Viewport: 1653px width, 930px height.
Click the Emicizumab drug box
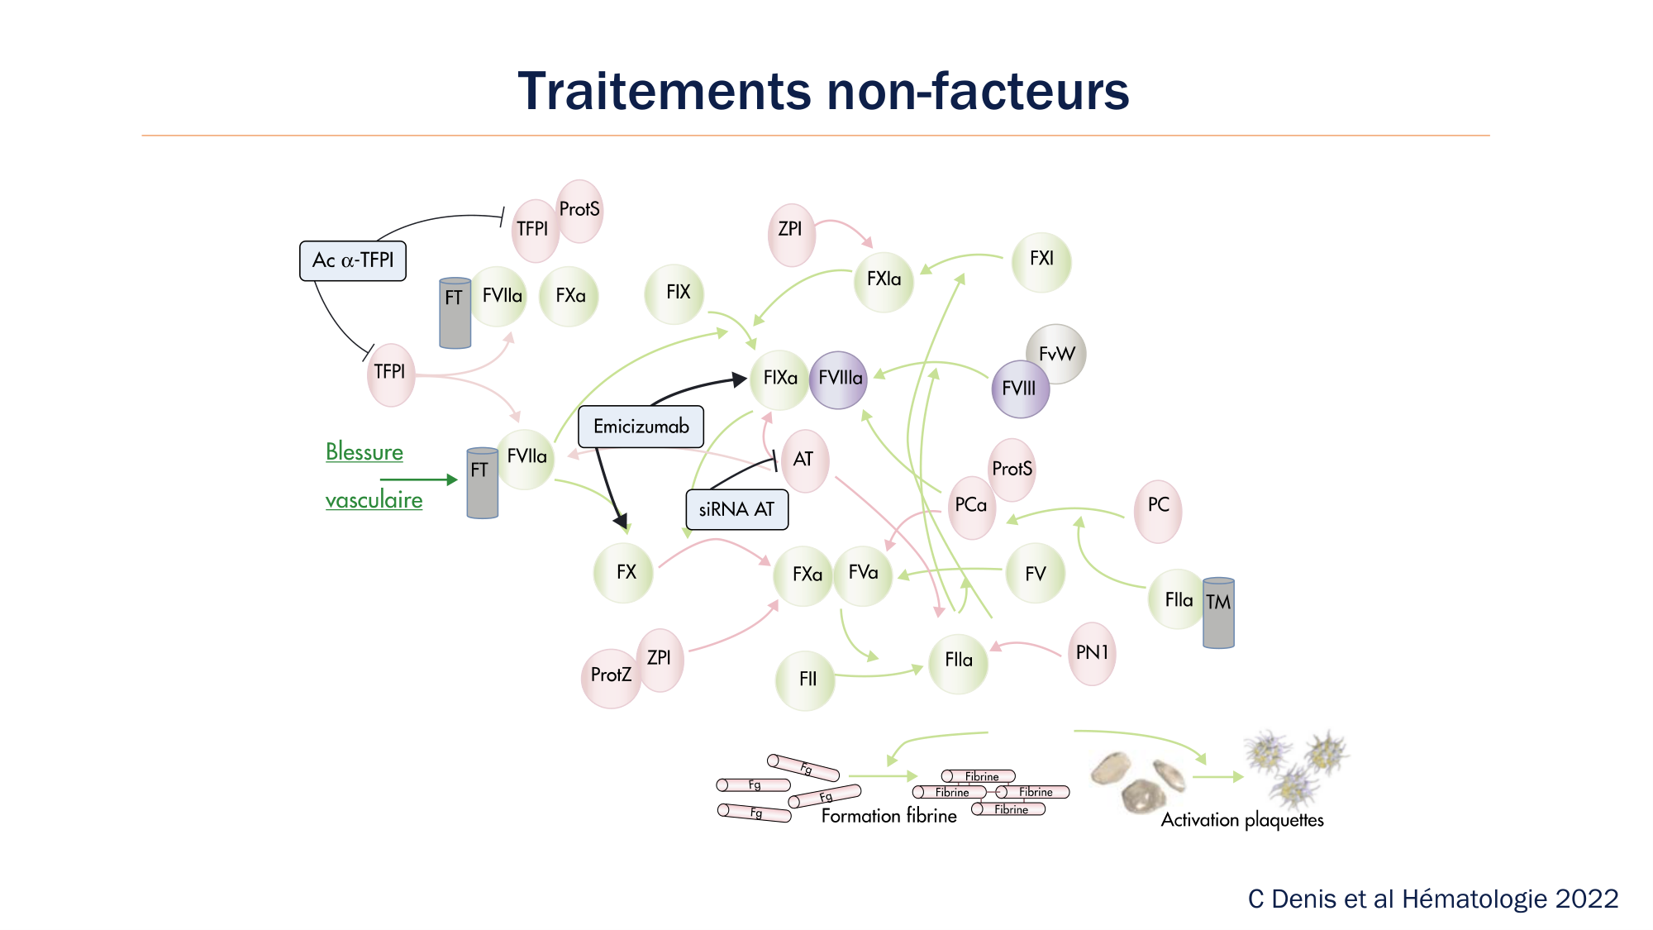641,427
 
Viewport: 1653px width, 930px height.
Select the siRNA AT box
736,509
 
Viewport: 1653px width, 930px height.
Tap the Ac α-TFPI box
353,260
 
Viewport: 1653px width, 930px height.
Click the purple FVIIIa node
840,379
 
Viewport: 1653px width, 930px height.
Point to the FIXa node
779,379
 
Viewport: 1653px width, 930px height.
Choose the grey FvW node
1056,354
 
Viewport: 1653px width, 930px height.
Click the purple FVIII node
1020,389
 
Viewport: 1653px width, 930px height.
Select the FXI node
1041,260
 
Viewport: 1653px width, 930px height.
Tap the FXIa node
884,280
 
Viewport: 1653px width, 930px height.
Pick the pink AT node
804,460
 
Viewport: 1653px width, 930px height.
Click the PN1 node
1092,653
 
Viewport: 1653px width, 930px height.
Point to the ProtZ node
611,675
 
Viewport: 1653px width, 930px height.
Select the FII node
807,680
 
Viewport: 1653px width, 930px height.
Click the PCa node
971,506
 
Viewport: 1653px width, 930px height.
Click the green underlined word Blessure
364,452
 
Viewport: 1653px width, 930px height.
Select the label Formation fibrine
888,817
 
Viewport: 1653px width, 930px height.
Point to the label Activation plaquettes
1241,820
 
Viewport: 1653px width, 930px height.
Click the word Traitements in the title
665,91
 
